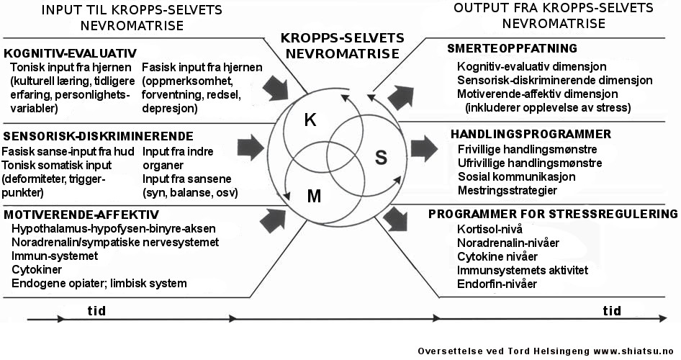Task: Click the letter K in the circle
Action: [x=310, y=120]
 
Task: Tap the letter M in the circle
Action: [x=315, y=196]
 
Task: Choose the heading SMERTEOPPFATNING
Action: [x=512, y=49]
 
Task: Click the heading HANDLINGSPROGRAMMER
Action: [x=531, y=134]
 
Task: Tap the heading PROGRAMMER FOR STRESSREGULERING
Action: [x=553, y=214]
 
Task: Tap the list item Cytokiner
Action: [x=36, y=269]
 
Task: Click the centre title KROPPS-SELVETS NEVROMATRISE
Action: [x=342, y=45]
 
